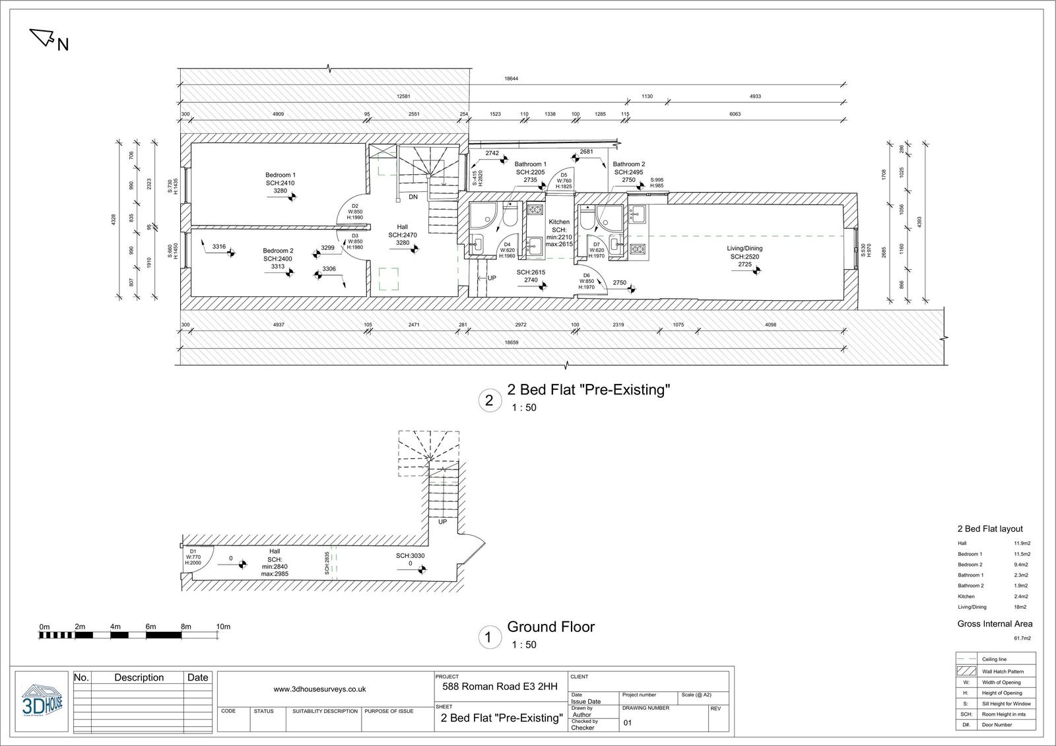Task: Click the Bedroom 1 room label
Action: [x=280, y=175]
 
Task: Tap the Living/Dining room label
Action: [x=744, y=249]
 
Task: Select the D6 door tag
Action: [x=586, y=276]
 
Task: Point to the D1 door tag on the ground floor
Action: [x=193, y=551]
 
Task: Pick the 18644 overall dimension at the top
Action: [x=511, y=78]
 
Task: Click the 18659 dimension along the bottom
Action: [x=511, y=343]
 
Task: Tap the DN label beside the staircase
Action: [x=412, y=197]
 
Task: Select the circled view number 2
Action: [x=489, y=400]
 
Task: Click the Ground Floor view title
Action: [x=550, y=627]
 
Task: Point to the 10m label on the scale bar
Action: [x=223, y=627]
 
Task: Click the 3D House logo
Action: [x=42, y=702]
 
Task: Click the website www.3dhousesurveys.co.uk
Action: [x=319, y=689]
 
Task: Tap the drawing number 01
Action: [x=628, y=723]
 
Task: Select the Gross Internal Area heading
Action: [x=994, y=624]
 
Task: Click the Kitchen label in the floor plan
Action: [x=558, y=222]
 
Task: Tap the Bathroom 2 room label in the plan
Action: [x=628, y=164]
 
